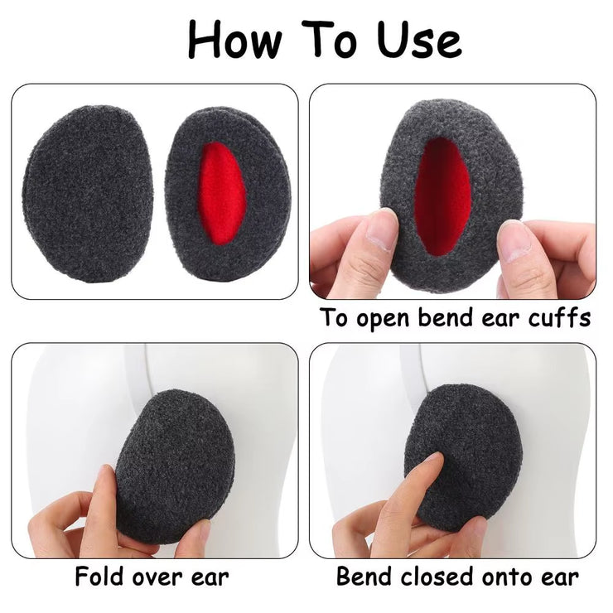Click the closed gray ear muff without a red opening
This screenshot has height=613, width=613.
pyautogui.click(x=76, y=192)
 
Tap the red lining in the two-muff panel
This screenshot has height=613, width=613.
pyautogui.click(x=217, y=192)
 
